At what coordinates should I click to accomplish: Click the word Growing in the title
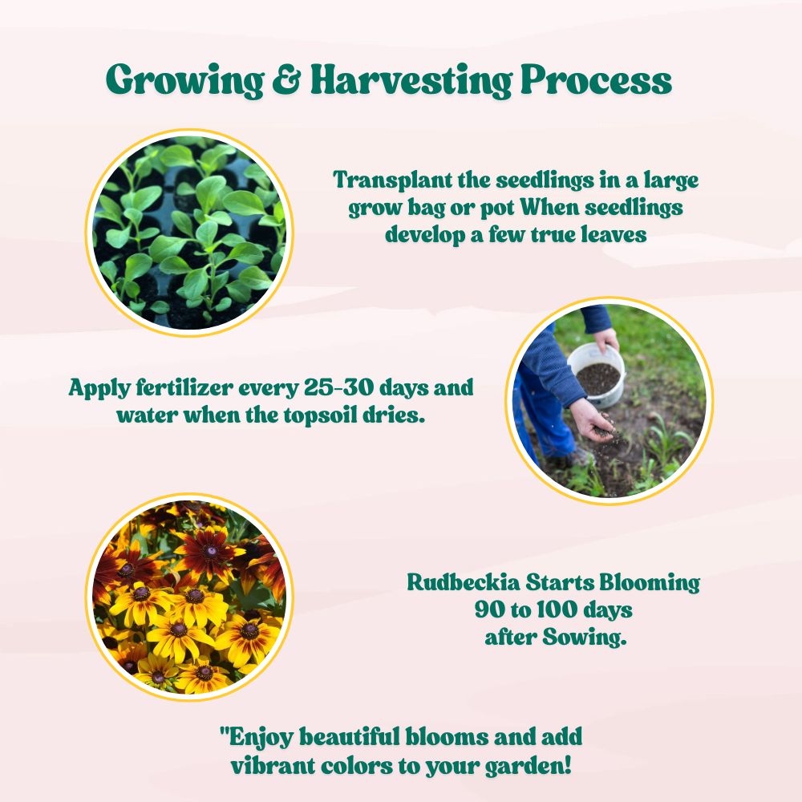[x=184, y=80]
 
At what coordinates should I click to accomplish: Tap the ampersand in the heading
[x=287, y=79]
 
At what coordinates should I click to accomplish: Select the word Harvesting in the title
[x=411, y=80]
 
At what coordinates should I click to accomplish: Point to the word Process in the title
[x=596, y=79]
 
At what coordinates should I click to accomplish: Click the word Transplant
[x=393, y=180]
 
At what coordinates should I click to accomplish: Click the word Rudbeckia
[x=464, y=582]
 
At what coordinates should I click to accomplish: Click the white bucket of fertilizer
[x=597, y=375]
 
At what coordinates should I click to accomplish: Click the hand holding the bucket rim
[x=606, y=339]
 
